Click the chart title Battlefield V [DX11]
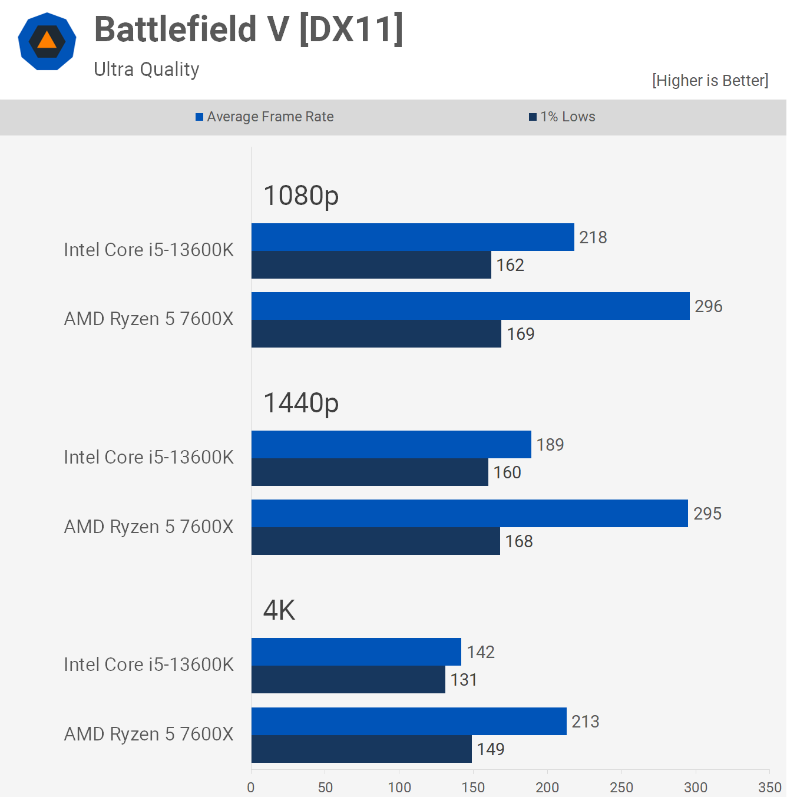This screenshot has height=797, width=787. pos(249,29)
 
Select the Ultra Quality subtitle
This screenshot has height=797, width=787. pos(147,70)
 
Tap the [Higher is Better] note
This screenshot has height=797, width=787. pos(710,81)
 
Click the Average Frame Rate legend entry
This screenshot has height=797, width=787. pos(264,117)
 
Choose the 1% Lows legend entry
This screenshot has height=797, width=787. pos(562,117)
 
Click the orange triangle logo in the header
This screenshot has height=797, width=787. pos(47,41)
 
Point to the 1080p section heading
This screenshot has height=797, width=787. pos(300,196)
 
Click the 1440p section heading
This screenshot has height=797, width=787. pos(300,403)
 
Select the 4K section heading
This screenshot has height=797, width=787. pos(279,610)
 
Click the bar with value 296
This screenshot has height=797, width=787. pos(470,306)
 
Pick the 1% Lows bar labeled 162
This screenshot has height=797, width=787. pos(371,265)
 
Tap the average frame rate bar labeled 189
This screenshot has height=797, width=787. pos(391,445)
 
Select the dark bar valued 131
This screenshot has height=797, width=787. pos(348,680)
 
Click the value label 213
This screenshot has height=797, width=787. pos(585,722)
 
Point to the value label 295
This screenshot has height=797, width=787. pos(707,514)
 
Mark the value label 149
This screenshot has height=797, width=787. pos(490,749)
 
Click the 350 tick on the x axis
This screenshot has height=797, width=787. pos(769,787)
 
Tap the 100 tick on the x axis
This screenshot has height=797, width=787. pos(399,787)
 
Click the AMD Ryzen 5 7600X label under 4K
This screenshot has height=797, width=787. pos(148,734)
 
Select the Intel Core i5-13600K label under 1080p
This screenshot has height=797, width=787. pos(148,250)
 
